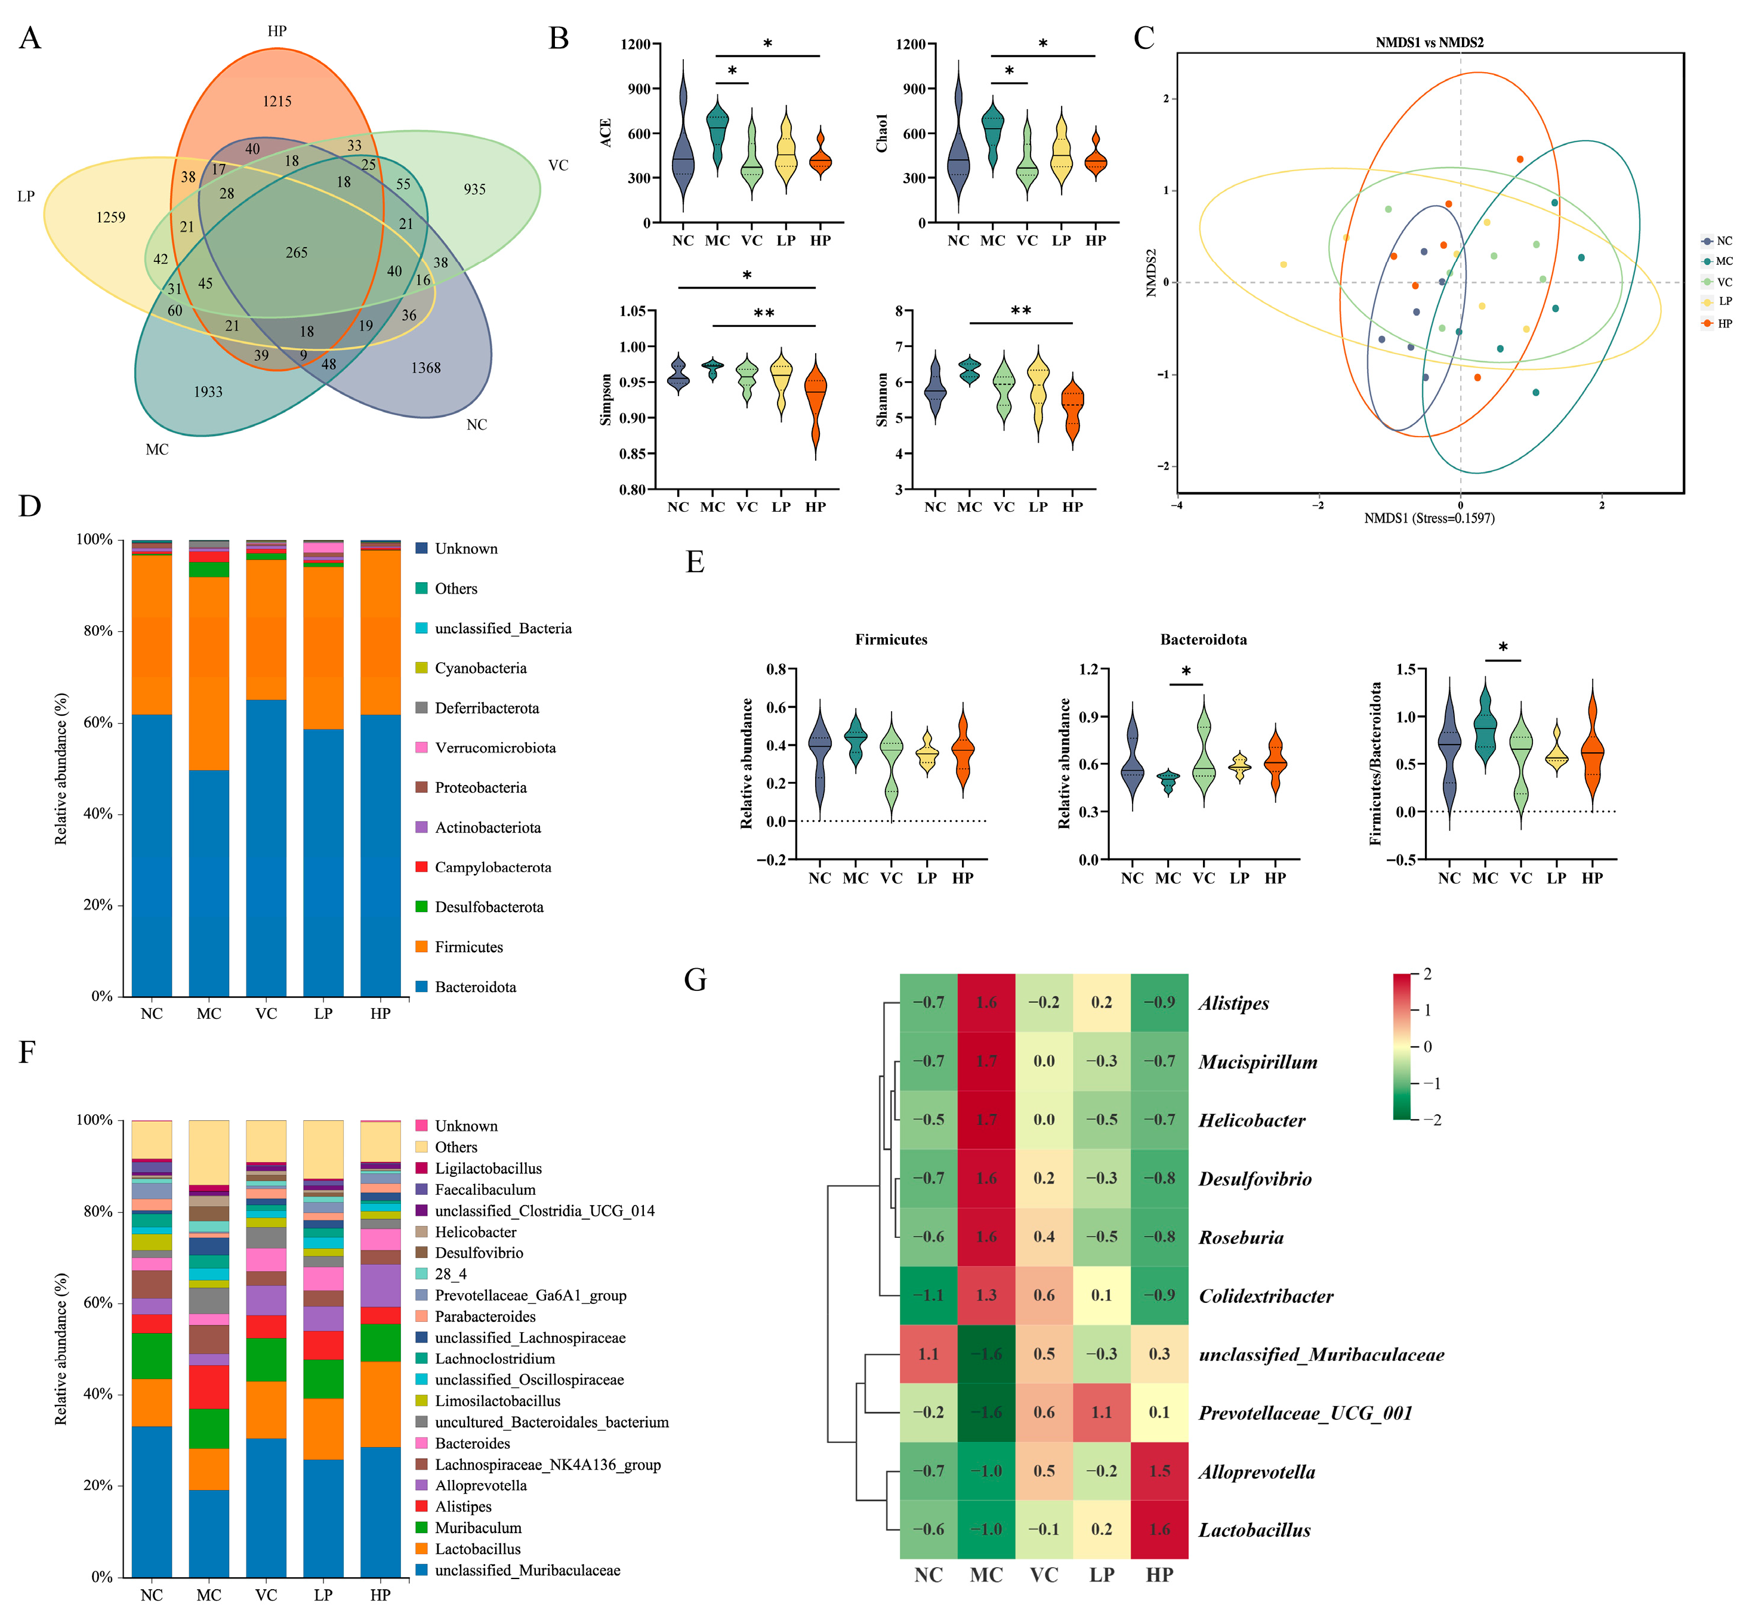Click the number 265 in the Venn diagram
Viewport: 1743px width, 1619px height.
pos(296,252)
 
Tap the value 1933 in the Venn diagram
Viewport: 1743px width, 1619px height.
pos(208,391)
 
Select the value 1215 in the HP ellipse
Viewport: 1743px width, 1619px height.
pos(277,101)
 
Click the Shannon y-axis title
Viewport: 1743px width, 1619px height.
pos(881,400)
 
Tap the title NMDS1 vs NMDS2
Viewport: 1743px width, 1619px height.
pos(1429,42)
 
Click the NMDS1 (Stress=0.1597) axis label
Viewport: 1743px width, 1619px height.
pos(1429,518)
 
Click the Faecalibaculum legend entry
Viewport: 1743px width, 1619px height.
pos(485,1189)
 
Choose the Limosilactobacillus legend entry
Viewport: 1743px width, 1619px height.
pos(497,1401)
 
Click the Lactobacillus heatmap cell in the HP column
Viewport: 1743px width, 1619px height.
pos(1159,1529)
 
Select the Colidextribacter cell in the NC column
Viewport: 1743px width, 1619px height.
pos(928,1295)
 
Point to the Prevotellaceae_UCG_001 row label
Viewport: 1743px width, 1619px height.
pos(1305,1412)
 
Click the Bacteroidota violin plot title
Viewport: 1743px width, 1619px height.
pos(1203,639)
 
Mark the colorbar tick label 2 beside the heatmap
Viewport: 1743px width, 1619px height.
pos(1427,974)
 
